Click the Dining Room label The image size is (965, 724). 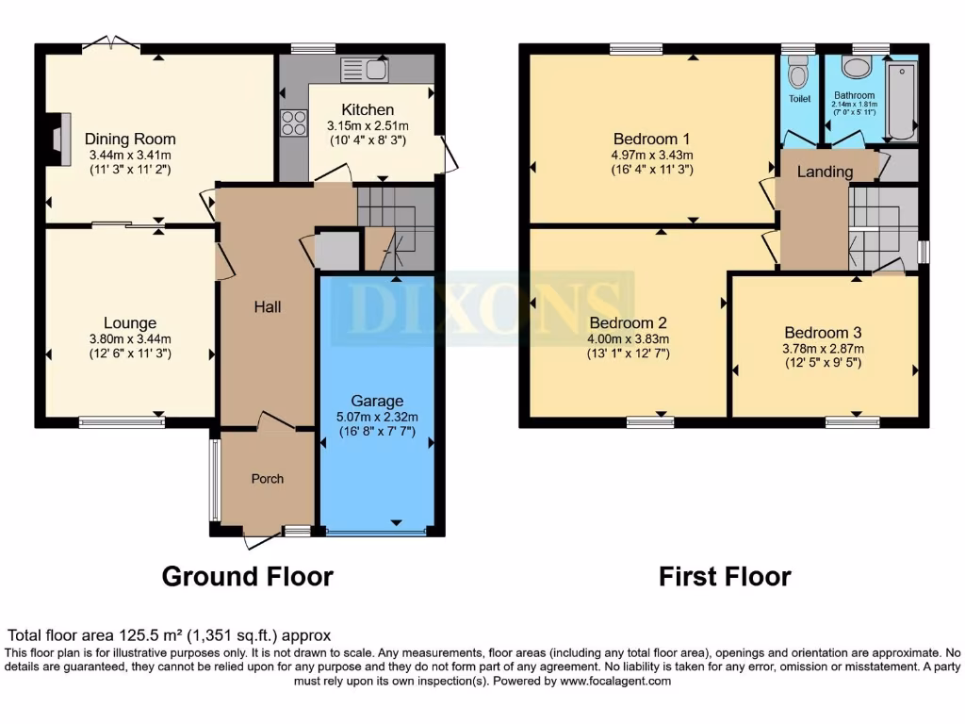click(130, 140)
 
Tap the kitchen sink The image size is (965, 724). click(364, 70)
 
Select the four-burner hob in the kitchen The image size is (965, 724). click(293, 123)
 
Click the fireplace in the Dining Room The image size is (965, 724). click(59, 140)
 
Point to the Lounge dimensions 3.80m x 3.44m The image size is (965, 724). click(130, 339)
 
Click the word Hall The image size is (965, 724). click(267, 306)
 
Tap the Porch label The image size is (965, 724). click(267, 479)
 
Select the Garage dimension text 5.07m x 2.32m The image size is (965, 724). click(377, 417)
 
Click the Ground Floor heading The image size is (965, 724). click(247, 576)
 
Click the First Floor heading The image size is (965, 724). click(724, 576)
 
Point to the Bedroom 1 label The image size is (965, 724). click(652, 138)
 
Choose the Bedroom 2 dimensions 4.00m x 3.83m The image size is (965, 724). click(629, 339)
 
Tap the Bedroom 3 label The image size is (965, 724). click(823, 333)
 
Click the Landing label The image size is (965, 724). click(825, 172)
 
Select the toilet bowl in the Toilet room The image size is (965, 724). click(798, 72)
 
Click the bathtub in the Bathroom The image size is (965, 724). click(902, 98)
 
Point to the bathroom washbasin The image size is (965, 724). click(857, 67)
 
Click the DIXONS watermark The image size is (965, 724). click(490, 306)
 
